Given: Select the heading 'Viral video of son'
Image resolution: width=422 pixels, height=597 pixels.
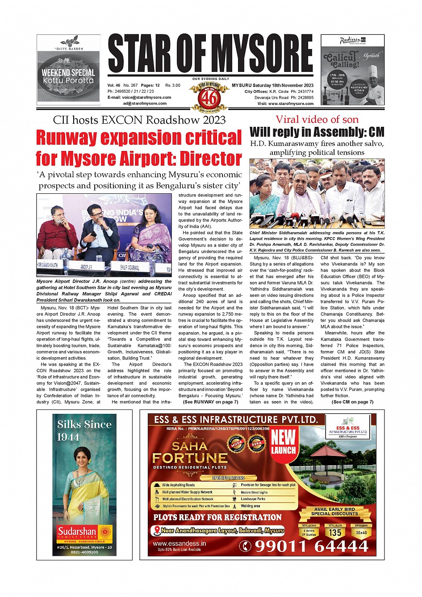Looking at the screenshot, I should pos(317,119).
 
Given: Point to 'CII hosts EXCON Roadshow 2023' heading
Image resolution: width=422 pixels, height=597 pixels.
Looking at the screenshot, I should pos(139,120).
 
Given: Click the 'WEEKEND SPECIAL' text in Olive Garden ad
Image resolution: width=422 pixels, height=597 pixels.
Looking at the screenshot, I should pos(68,72).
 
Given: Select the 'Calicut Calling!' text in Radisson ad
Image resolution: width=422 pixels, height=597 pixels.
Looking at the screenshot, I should pos(341,59).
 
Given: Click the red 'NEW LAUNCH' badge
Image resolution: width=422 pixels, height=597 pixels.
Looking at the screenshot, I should pos(284,441).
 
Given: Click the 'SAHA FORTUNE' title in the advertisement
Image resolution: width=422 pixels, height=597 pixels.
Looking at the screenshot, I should pos(190,452).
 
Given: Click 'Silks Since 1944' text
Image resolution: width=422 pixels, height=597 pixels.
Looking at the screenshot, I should pos(84,430).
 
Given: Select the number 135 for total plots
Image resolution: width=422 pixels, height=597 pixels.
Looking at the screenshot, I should pos(335,532).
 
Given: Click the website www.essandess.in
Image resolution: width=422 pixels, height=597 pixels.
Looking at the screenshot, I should pos(180,543).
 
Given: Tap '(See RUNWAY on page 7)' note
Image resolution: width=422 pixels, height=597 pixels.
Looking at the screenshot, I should pos(210,402).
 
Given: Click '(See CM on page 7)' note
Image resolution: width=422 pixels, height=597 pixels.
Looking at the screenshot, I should pos(352,402).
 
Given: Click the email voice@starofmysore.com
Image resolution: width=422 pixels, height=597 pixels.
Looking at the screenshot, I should pos(139,97).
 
